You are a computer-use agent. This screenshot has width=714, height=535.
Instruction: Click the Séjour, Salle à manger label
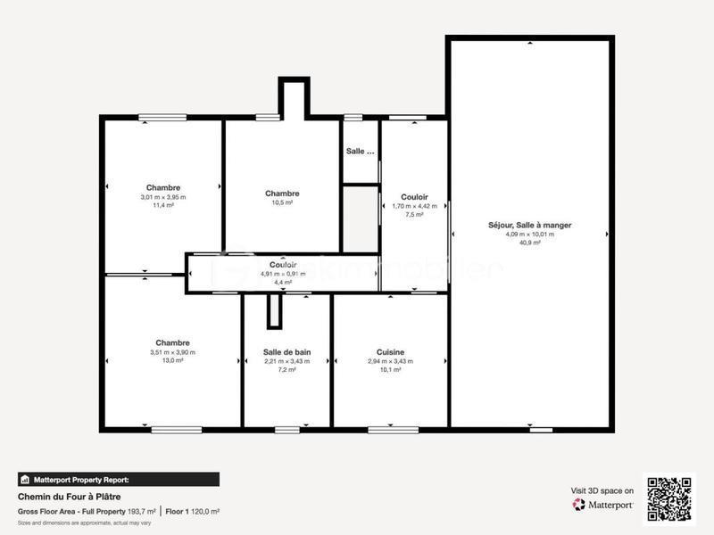529,226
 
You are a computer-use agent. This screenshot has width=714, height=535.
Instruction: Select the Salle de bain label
286,351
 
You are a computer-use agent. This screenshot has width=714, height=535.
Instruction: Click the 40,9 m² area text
529,243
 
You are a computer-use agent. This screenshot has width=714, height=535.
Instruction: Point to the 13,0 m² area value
172,360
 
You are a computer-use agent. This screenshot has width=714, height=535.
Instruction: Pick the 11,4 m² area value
163,205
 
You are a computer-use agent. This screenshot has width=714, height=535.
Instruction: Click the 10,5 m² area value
282,202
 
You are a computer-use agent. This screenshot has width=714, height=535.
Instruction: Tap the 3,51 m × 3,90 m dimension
172,352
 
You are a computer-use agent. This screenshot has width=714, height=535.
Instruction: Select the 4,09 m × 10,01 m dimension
529,235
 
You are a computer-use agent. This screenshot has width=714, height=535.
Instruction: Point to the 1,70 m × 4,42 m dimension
414,206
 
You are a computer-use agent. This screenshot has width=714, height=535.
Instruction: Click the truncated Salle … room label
361,152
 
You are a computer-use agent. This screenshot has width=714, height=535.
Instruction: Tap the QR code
669,498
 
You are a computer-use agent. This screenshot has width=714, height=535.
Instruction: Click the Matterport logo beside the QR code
603,505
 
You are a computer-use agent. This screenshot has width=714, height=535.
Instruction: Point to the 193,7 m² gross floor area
142,511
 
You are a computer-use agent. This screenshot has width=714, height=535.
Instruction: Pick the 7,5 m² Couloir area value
414,214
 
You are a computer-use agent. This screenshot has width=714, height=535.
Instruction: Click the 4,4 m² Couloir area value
283,282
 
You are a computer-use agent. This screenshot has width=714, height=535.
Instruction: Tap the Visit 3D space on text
602,490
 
